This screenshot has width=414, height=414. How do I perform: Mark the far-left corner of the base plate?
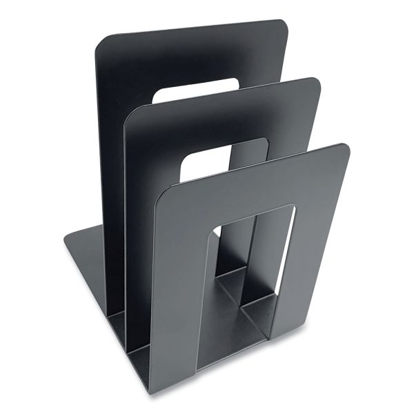(x=66, y=240)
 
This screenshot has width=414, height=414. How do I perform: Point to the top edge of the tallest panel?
(x=193, y=29)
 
